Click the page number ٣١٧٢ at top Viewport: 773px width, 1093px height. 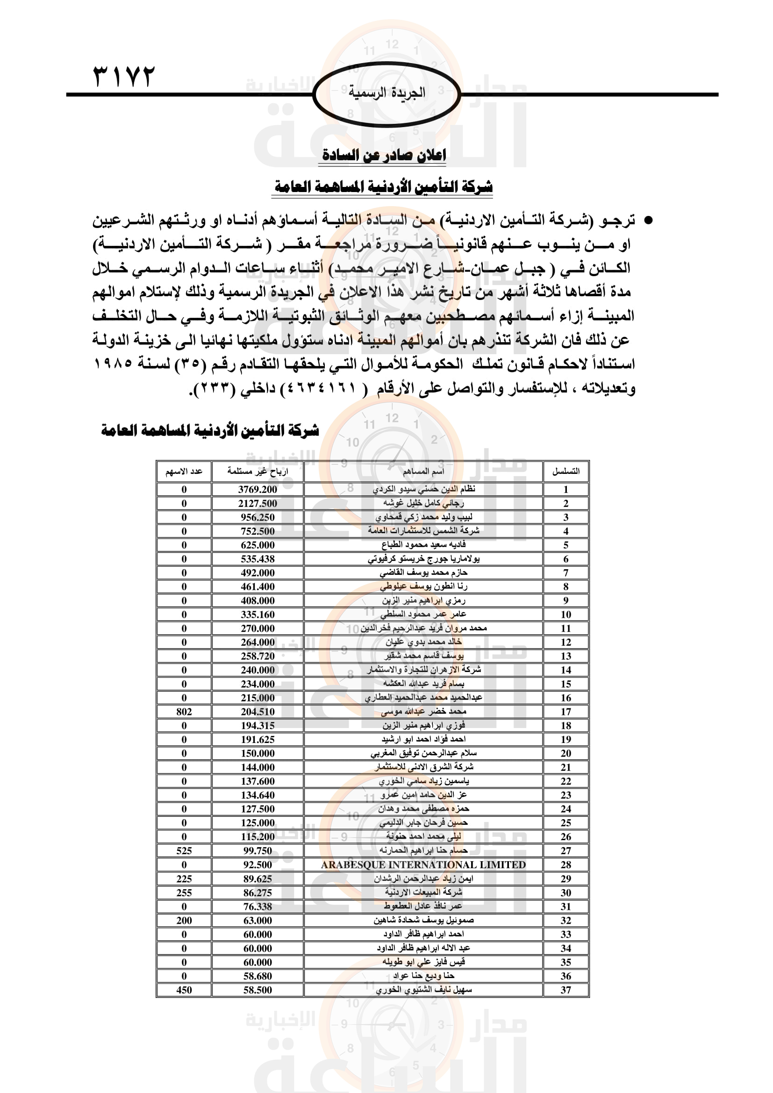tap(124, 76)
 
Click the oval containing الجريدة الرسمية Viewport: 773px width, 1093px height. tap(386, 94)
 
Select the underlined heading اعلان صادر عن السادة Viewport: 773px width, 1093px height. tap(384, 155)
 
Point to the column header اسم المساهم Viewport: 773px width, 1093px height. tap(423, 471)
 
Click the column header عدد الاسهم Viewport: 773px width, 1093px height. tap(184, 471)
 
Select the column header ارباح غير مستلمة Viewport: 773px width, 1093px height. tap(258, 471)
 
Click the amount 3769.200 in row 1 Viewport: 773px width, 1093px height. tap(258, 489)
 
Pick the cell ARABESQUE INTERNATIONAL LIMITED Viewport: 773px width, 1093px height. tap(423, 865)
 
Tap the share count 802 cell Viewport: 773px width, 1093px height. tap(184, 712)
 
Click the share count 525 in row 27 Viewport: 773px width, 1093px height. tap(184, 850)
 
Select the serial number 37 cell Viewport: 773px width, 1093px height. tap(565, 990)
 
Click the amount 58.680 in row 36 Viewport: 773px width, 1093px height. tap(258, 976)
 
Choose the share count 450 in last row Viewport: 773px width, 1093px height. tap(184, 990)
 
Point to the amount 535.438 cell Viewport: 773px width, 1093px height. tap(258, 559)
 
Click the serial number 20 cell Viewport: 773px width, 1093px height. tap(565, 754)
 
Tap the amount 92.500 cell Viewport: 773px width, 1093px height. tap(258, 865)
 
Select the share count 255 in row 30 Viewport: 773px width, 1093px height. tap(184, 893)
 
